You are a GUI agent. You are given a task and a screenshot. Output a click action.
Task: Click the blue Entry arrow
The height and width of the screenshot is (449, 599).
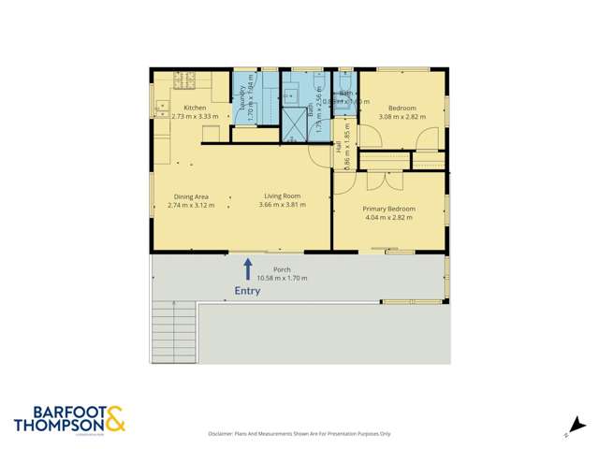click(x=248, y=268)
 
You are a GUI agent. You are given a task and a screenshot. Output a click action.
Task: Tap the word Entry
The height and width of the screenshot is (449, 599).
click(x=248, y=291)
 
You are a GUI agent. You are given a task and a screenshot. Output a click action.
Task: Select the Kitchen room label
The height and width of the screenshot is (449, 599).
click(x=195, y=109)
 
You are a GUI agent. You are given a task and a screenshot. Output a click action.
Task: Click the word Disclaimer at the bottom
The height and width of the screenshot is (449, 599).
click(x=224, y=434)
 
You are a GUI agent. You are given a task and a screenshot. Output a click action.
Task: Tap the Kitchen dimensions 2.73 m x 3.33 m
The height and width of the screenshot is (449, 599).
click(x=195, y=117)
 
